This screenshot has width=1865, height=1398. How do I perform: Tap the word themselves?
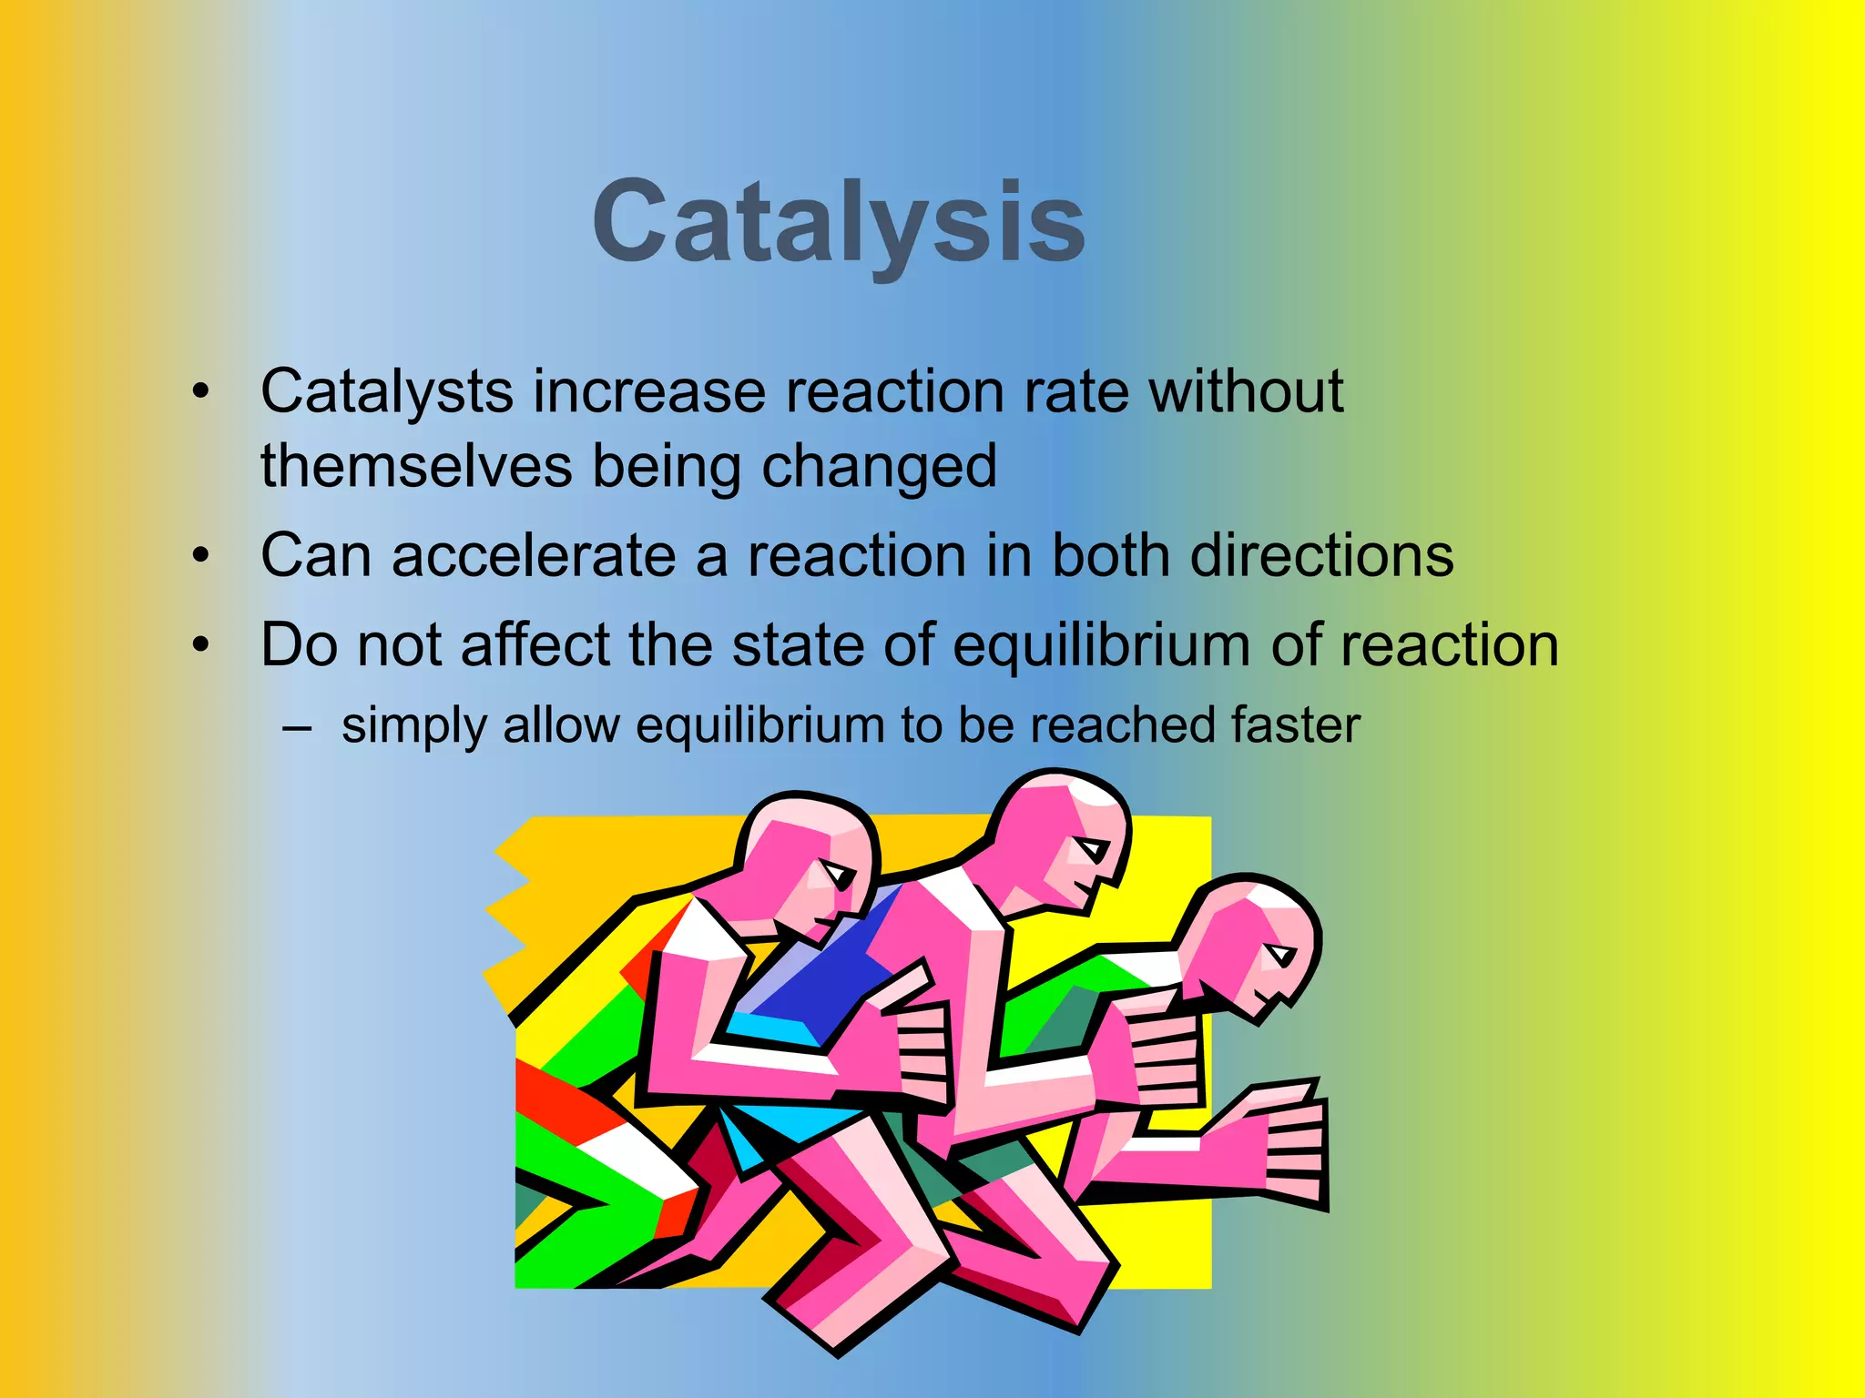coord(416,466)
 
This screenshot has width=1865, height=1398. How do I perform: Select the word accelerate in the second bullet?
coord(534,555)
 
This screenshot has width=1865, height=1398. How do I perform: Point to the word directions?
coord(1321,555)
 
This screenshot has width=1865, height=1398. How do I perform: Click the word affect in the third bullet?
coord(535,644)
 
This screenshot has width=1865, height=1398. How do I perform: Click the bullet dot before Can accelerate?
coord(200,555)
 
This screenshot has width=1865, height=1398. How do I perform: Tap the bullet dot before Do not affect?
coord(200,644)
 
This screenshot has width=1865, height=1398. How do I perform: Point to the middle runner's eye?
coord(1089,849)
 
